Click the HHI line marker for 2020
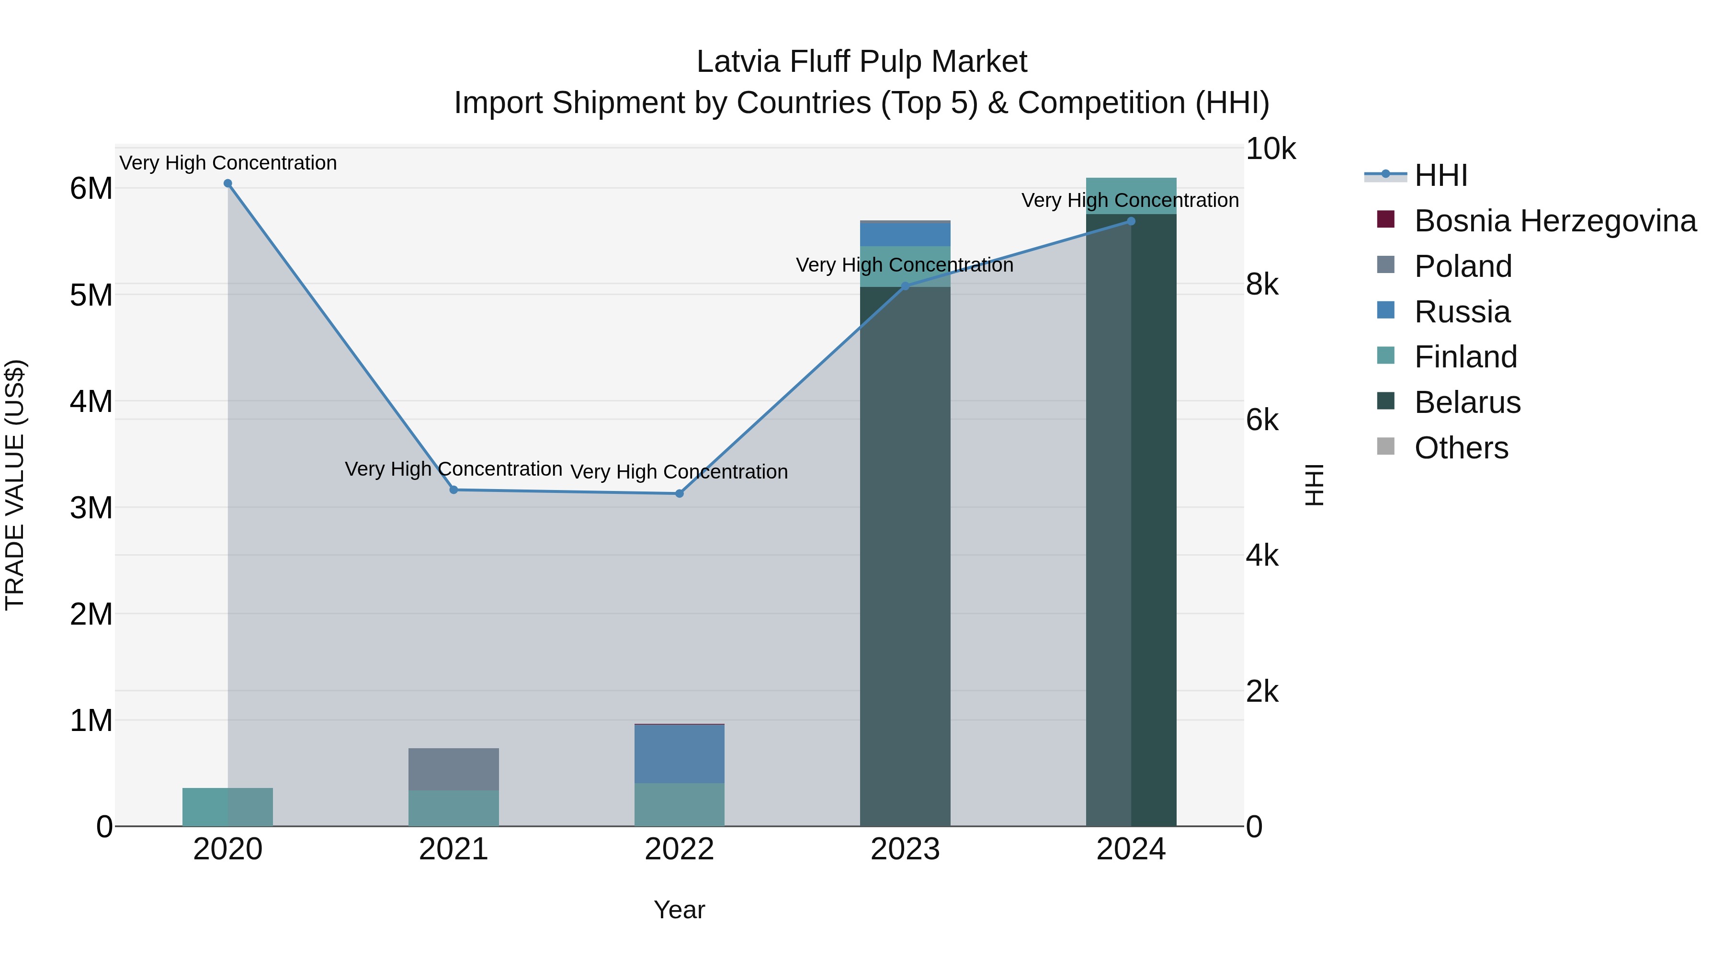point(227,183)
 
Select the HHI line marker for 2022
point(679,493)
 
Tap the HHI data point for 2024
point(1131,221)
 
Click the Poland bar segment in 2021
point(454,769)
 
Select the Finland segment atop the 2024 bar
point(1131,195)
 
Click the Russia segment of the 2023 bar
point(905,234)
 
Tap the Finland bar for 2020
point(227,807)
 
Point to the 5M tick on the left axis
point(91,295)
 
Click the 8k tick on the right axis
point(1261,285)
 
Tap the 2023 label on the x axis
point(905,849)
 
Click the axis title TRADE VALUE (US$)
point(15,485)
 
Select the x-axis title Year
point(679,910)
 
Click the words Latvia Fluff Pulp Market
point(862,62)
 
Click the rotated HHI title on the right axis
point(1315,485)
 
